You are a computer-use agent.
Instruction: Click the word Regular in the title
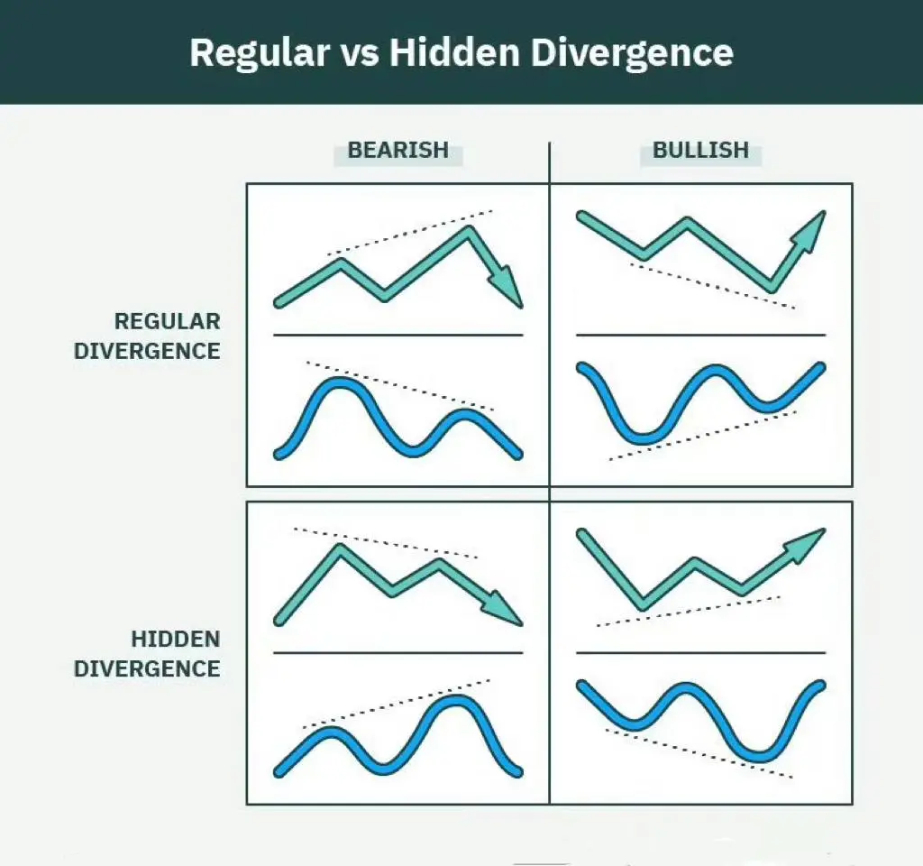point(259,53)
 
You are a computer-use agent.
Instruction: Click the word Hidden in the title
point(454,52)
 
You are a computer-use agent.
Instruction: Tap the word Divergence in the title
point(632,53)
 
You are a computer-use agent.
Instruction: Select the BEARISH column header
point(398,151)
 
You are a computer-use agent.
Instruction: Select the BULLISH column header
point(700,151)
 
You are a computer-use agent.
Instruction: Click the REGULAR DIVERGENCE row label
point(147,336)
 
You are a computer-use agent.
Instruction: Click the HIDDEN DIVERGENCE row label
point(147,654)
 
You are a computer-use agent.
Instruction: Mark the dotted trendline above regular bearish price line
point(410,233)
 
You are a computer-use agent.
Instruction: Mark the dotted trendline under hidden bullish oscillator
point(699,754)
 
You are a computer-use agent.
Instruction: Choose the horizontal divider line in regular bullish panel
point(700,336)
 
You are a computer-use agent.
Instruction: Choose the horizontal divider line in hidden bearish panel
point(398,653)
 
